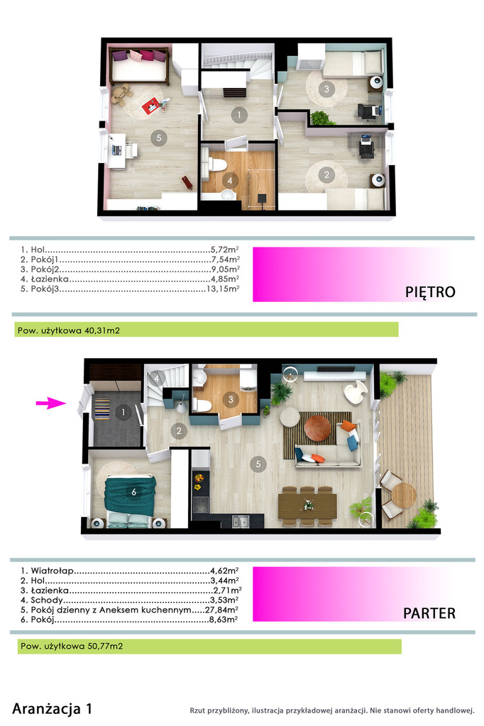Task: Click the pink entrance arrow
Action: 51,403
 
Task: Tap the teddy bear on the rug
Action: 121,94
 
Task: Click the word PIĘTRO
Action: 430,291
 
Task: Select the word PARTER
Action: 429,613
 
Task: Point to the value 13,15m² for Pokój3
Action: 223,289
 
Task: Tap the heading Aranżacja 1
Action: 52,708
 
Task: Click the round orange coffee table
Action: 317,428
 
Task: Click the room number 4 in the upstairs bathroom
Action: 230,181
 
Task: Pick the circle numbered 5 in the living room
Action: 258,464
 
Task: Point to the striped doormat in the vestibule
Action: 102,408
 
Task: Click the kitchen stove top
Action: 201,504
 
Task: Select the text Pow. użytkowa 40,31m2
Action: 69,330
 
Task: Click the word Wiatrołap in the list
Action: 53,571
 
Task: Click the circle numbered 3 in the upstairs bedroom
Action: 326,89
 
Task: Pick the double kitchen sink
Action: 241,521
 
